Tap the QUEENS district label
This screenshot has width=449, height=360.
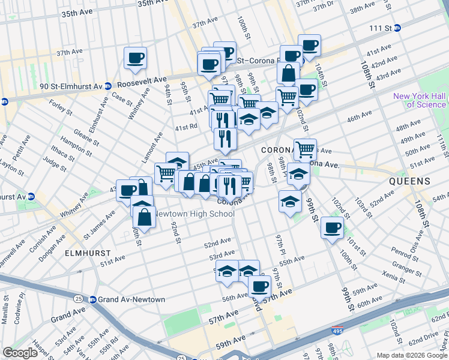click(409, 181)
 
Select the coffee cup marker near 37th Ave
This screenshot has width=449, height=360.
click(135, 58)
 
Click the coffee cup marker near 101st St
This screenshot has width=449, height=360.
click(331, 227)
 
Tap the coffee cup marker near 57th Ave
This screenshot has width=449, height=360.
click(259, 286)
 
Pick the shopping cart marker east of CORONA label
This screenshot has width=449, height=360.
click(305, 148)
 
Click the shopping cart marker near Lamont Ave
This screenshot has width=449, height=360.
click(166, 173)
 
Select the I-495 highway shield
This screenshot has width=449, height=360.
click(338, 331)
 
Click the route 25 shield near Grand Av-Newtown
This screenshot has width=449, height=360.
click(79, 298)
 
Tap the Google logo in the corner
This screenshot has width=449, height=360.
click(20, 352)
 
